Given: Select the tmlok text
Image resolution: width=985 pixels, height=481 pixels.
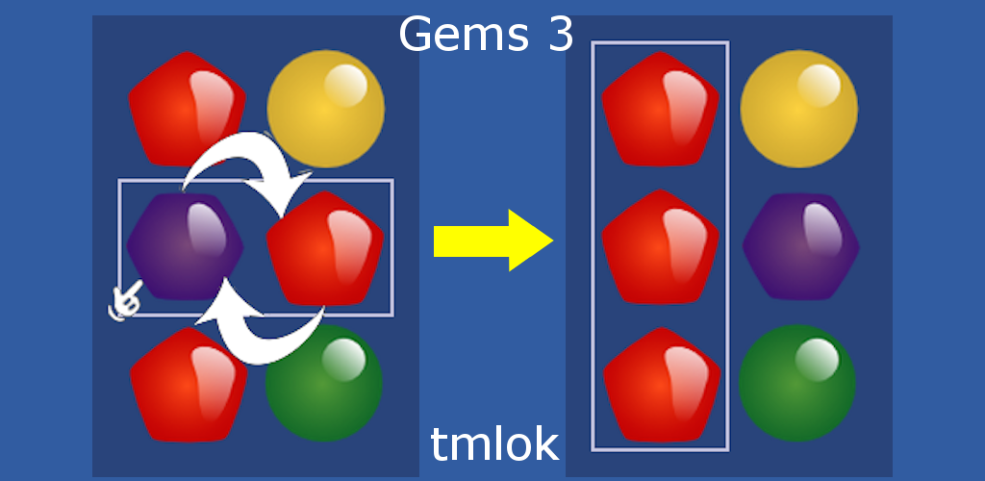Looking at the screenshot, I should [494, 444].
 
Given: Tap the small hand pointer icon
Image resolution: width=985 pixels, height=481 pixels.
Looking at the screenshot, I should [124, 301].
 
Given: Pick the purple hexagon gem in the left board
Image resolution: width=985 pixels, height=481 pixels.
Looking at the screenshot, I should [184, 246].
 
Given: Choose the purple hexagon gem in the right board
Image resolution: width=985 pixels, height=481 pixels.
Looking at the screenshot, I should [800, 246].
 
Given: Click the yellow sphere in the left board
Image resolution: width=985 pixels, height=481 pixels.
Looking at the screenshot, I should [325, 108].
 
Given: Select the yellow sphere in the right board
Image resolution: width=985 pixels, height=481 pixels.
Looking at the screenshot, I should [798, 108].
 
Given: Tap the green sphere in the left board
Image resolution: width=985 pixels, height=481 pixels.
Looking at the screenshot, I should [323, 383].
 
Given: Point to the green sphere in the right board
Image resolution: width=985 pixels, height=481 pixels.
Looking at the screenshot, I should [796, 383].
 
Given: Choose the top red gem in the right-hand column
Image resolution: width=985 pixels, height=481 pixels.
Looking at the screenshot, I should [660, 108].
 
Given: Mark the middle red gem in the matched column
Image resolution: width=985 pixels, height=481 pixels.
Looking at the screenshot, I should [660, 246].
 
